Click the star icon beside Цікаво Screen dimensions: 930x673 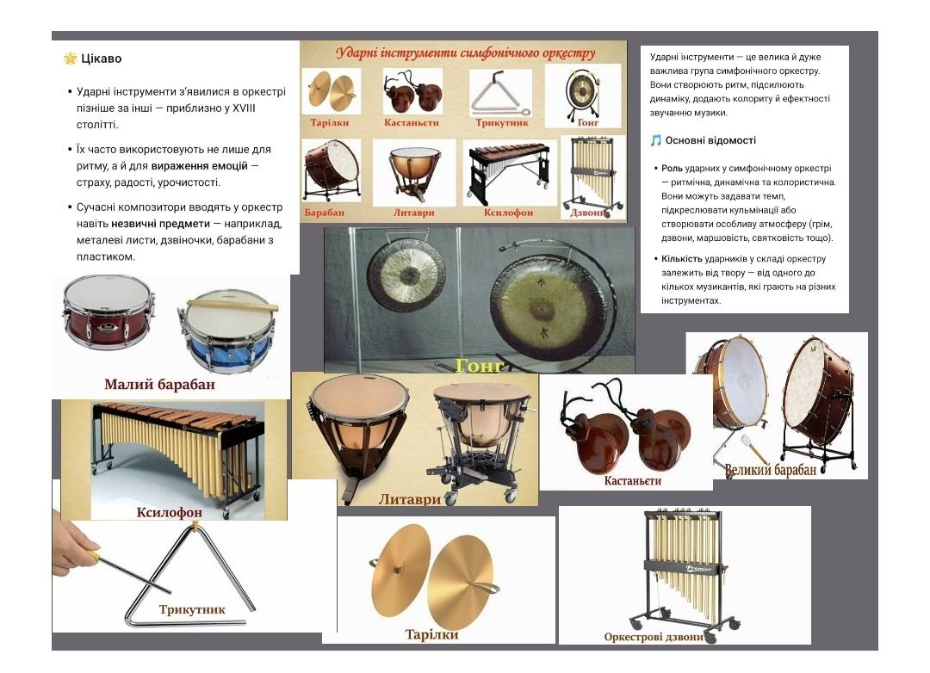pyautogui.click(x=70, y=59)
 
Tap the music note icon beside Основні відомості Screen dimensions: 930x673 pyautogui.click(x=655, y=140)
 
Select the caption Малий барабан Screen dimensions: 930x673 pyautogui.click(x=159, y=384)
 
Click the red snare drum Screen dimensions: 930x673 pyautogui.click(x=108, y=312)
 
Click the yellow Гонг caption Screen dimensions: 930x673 pyautogui.click(x=480, y=366)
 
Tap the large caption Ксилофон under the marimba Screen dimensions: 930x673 pyautogui.click(x=169, y=512)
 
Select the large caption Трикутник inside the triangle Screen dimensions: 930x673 pyautogui.click(x=191, y=609)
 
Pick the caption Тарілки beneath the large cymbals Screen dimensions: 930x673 pyautogui.click(x=431, y=634)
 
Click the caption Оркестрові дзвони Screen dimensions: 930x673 pyautogui.click(x=654, y=637)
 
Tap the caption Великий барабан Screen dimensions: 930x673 pyautogui.click(x=771, y=470)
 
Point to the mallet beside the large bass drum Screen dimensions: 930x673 pyautogui.click(x=733, y=452)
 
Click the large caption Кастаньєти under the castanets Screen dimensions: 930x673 pyautogui.click(x=632, y=480)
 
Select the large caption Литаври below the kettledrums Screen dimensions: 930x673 pyautogui.click(x=410, y=499)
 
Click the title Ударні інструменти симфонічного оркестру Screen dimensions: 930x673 pyautogui.click(x=466, y=52)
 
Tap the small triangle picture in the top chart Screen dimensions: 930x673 pyautogui.click(x=500, y=93)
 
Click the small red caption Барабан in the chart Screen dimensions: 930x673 pyautogui.click(x=324, y=213)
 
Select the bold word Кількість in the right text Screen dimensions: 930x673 pyautogui.click(x=681, y=258)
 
